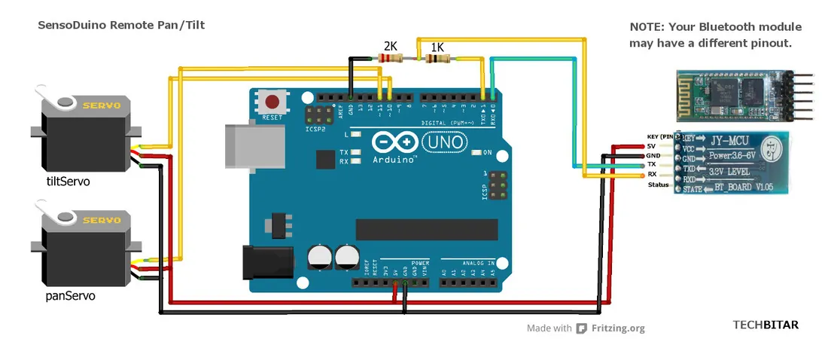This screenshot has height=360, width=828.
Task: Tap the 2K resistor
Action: (389, 58)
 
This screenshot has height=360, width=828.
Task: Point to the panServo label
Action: (71, 296)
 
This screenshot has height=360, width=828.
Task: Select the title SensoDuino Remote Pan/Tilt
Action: (121, 26)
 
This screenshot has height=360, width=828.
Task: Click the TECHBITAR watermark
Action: (766, 325)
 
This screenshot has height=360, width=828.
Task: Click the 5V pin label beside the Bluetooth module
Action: (652, 145)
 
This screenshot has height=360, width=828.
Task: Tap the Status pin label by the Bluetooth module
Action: (658, 185)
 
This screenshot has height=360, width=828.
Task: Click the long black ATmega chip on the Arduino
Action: (427, 227)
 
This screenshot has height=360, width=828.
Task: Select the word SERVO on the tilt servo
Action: (102, 106)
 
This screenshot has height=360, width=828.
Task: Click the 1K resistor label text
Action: (437, 47)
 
